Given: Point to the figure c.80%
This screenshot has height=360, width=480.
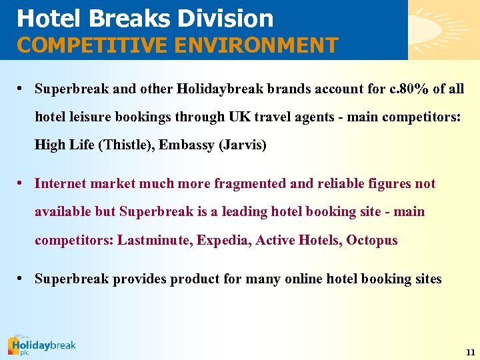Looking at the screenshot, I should coord(401,89).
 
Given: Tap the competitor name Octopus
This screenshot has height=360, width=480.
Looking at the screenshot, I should coord(372,240).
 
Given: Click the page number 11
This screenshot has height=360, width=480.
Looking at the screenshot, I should coord(470,351).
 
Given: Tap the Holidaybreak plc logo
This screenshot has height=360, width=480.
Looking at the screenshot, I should coord(41,345).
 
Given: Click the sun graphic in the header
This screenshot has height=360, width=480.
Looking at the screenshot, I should coord(443,27).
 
